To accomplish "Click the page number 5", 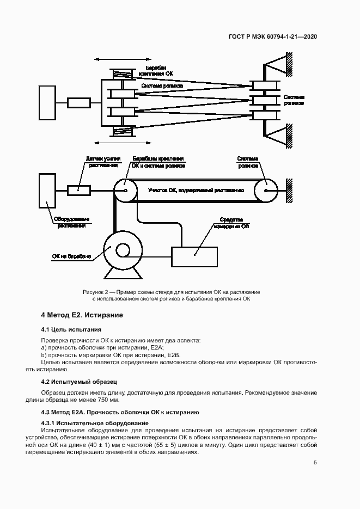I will pyautogui.click(x=315, y=463).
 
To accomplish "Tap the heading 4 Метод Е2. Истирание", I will pyautogui.click(x=83, y=315).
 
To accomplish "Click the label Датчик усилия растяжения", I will pyautogui.click(x=102, y=162).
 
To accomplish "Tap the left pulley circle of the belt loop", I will pyautogui.click(x=126, y=191).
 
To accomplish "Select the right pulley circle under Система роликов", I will pyautogui.click(x=267, y=191).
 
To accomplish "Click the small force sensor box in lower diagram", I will pyautogui.click(x=78, y=191).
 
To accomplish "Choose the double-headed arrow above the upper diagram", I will pyautogui.click(x=114, y=59).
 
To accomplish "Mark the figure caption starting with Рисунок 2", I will pyautogui.click(x=172, y=296).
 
